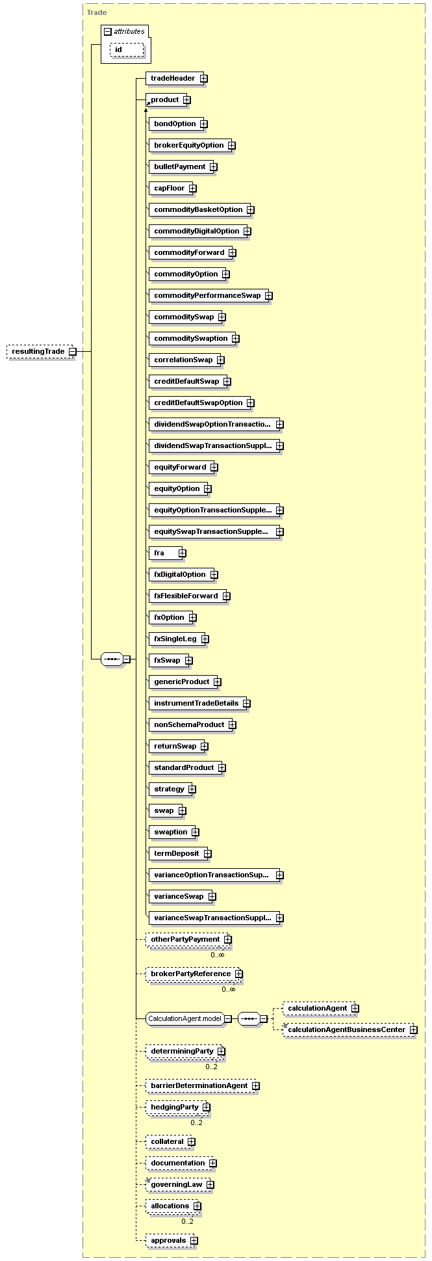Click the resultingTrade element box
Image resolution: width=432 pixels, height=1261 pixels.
pos(38,352)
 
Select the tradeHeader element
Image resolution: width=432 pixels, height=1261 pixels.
pos(173,78)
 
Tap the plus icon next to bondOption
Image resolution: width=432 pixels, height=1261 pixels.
pos(203,124)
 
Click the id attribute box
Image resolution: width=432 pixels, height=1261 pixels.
pos(127,49)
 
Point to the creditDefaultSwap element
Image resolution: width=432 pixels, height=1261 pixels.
pos(186,381)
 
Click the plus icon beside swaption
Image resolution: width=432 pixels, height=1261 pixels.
pos(196,832)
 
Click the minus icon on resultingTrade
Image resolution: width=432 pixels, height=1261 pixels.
pos(73,352)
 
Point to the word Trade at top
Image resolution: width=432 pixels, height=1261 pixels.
pos(97,12)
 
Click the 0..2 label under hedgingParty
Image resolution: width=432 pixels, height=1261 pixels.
pos(196,1122)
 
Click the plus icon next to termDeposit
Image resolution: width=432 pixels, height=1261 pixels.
pos(208,854)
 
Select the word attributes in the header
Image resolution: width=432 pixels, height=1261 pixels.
pos(129,31)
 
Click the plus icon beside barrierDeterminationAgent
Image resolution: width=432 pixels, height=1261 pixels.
pos(256,1086)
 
